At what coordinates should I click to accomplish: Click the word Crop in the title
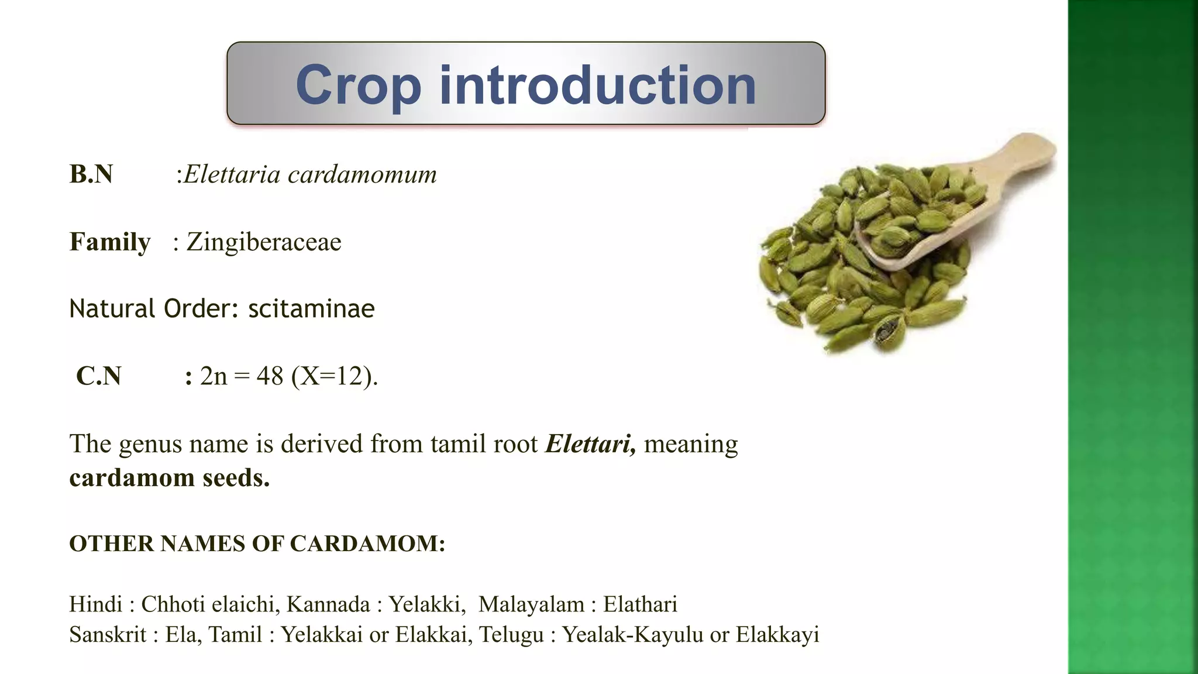[358, 85]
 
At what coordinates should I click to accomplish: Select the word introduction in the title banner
[598, 85]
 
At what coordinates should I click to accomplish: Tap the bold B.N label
[91, 174]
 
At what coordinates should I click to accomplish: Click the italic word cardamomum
[362, 174]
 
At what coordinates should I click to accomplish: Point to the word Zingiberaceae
[263, 242]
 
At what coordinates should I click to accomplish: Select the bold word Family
[110, 242]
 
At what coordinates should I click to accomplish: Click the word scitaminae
[311, 309]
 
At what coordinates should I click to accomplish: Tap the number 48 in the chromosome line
[270, 376]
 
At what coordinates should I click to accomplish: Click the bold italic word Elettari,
[590, 444]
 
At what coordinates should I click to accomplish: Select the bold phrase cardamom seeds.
[170, 477]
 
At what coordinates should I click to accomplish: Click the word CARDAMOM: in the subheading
[368, 544]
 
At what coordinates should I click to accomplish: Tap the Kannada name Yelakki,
[427, 604]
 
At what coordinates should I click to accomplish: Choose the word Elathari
[640, 604]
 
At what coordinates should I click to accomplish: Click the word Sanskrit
[108, 634]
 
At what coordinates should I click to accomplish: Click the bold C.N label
[98, 376]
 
